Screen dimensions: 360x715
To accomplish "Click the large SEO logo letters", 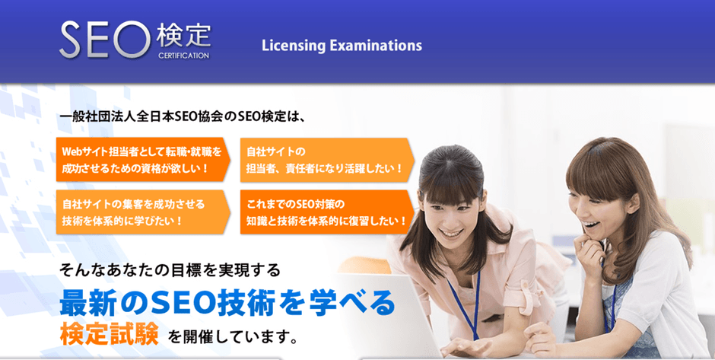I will (x=105, y=39).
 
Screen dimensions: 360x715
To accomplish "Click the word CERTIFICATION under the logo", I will (x=183, y=55).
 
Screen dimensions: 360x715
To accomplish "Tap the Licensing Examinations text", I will (x=342, y=46).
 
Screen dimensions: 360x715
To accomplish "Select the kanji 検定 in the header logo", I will (x=183, y=35).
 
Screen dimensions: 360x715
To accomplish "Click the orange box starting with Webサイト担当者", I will (x=141, y=159).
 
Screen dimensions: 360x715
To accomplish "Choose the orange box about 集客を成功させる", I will (x=141, y=212).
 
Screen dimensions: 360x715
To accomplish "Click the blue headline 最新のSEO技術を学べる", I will (x=227, y=303).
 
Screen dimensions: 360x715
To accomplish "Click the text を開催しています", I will (x=232, y=336).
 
